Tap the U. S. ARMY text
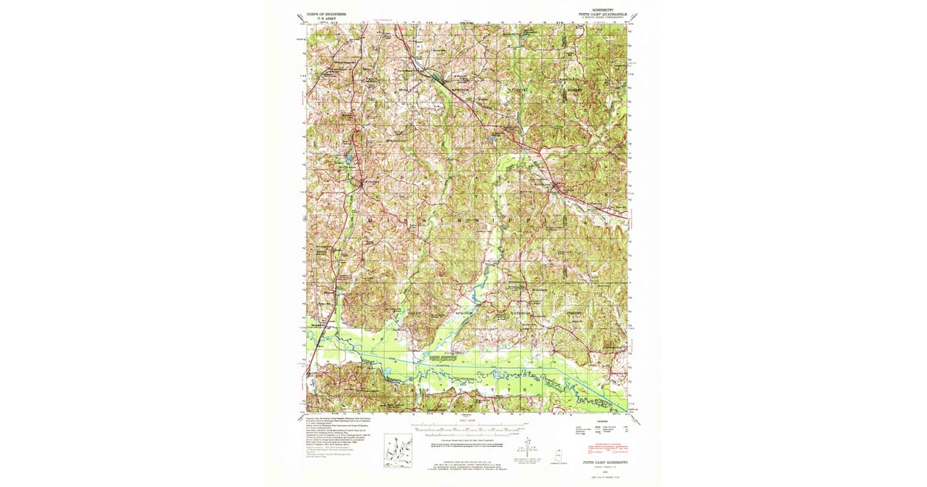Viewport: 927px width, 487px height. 319,19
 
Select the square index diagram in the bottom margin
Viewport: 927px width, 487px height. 398,449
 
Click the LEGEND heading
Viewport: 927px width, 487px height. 603,423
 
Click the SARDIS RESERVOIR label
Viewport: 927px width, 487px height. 439,359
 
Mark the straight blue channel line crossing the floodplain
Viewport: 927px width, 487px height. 479,363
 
